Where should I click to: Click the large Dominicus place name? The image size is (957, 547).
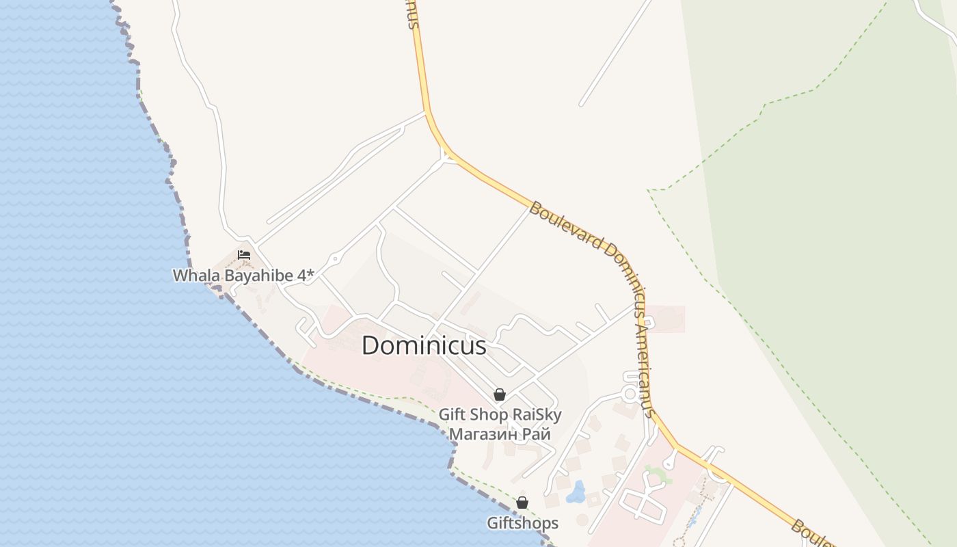424,345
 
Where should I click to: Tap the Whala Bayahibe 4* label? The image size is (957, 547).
243,276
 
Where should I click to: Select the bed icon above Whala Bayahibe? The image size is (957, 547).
244,255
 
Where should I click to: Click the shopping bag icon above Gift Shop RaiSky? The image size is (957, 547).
500,395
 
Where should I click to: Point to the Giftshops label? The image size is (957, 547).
522,524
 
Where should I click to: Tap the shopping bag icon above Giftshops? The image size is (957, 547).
522,503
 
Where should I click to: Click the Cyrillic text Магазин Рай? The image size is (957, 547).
500,433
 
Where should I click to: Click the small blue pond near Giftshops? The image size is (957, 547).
576,492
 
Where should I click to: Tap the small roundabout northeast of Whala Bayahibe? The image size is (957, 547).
335,259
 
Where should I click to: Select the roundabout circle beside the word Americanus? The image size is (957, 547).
630,394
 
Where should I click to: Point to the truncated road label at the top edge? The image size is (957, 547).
410,14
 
